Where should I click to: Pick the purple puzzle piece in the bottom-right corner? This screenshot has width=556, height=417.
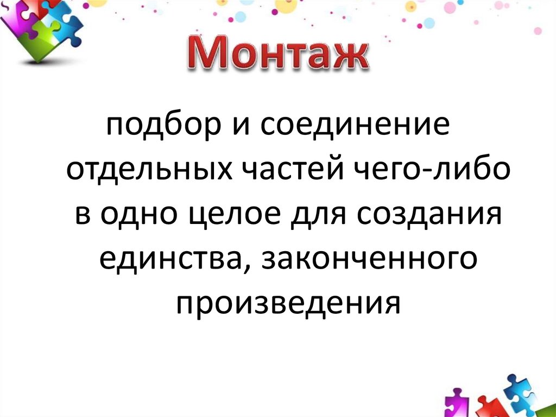coord(458,402)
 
